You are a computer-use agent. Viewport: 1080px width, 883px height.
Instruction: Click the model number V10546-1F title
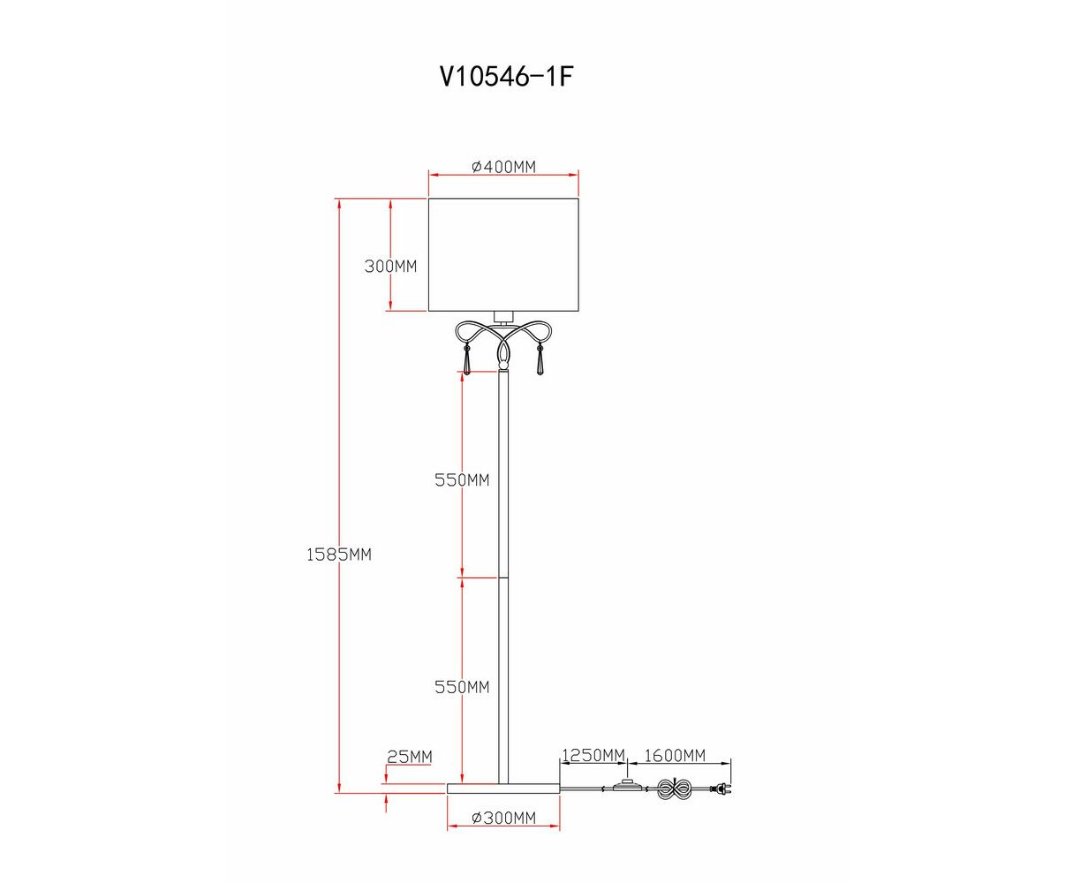coord(506,77)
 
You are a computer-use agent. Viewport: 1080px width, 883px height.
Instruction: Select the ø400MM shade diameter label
coord(503,167)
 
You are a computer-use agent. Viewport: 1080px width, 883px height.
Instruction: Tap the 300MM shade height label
coord(390,267)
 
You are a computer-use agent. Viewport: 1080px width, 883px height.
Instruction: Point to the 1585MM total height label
coord(338,555)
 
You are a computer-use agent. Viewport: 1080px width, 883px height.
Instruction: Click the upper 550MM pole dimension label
coord(462,480)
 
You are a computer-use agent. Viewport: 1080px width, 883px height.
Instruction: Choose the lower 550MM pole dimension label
coord(462,687)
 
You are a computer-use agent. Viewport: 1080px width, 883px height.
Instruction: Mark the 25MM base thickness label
coord(410,757)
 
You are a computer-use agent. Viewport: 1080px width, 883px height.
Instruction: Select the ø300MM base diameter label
coord(503,818)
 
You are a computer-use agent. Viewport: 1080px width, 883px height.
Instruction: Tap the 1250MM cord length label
coord(593,756)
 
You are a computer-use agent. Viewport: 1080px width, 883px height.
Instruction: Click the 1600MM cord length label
coord(675,756)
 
